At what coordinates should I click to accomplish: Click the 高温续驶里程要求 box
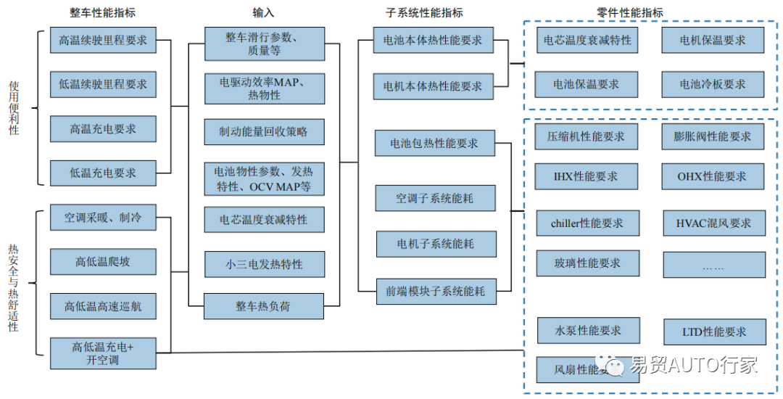[x=103, y=41]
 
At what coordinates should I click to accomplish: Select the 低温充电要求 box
[x=103, y=173]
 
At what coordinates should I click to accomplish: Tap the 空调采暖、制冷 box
[x=103, y=217]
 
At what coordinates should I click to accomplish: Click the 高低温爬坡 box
[x=103, y=261]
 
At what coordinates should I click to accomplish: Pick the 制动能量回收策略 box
[x=264, y=131]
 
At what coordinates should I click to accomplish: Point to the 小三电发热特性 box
[x=264, y=264]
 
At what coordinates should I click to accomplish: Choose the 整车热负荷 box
[x=264, y=306]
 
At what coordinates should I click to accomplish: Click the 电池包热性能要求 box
[x=434, y=143]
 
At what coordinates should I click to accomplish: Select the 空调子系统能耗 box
[x=435, y=198]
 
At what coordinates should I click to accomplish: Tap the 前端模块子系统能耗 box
[x=435, y=291]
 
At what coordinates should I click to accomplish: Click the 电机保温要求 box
[x=713, y=41]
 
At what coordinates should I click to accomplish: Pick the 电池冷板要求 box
[x=713, y=84]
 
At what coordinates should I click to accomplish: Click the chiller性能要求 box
[x=587, y=223]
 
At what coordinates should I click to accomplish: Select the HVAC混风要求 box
[x=714, y=223]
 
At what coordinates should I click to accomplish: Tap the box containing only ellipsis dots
[x=713, y=266]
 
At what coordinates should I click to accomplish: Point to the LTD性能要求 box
[x=714, y=332]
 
